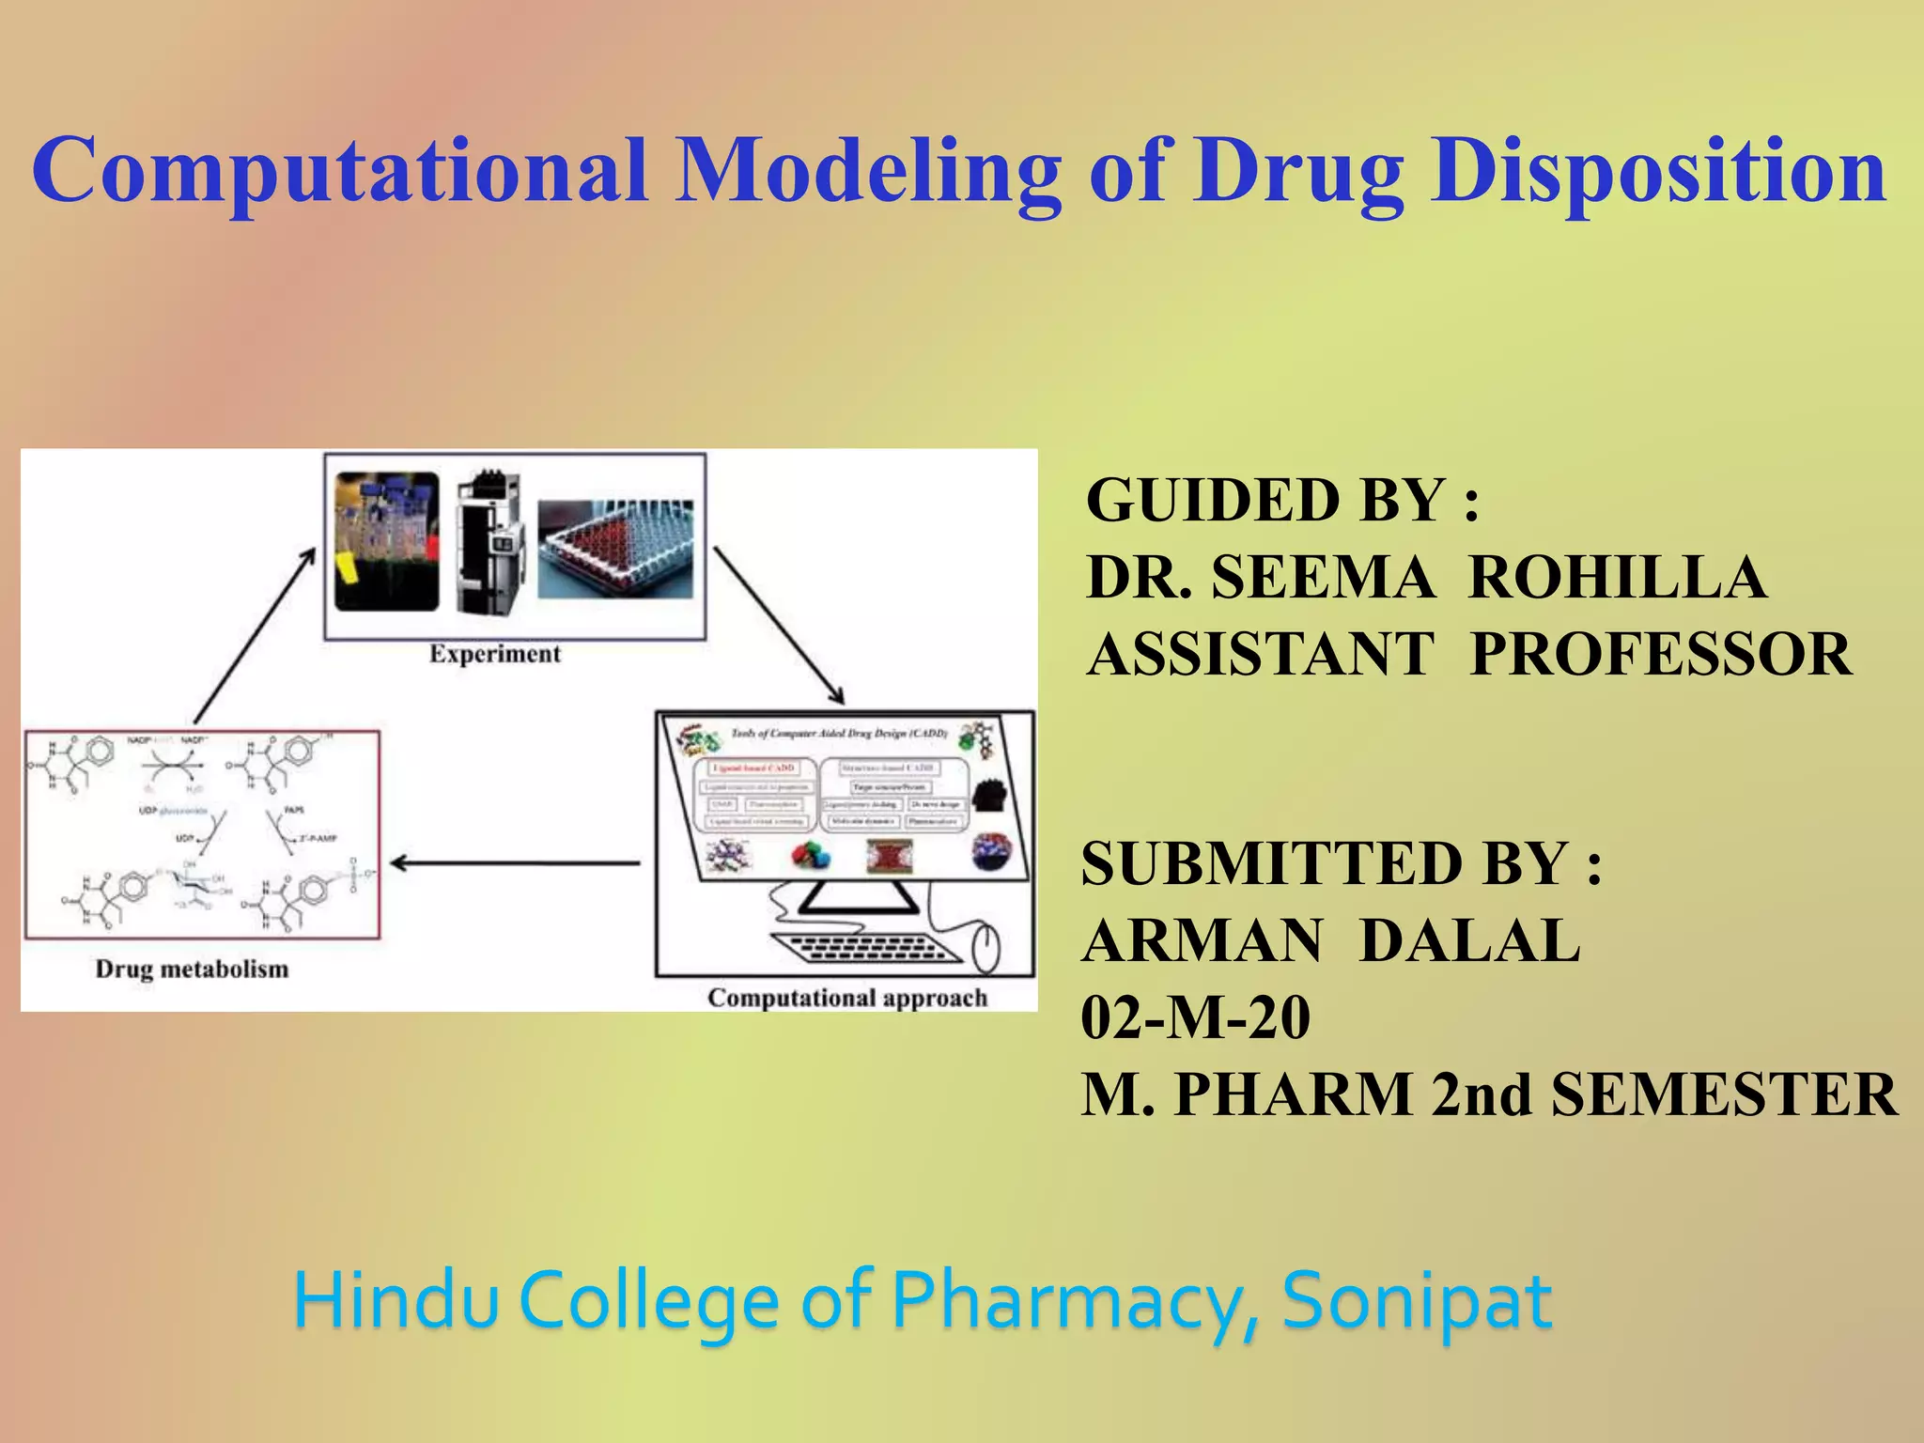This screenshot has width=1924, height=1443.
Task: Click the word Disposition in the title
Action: point(1659,171)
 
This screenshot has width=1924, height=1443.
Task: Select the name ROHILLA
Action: point(1617,577)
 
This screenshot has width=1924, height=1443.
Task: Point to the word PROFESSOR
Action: point(1661,654)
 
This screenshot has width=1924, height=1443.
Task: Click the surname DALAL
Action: point(1470,940)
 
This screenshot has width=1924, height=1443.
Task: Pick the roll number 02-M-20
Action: point(1196,1017)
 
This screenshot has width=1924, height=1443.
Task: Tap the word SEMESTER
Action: point(1725,1094)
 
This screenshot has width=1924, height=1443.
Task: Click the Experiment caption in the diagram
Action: point(495,654)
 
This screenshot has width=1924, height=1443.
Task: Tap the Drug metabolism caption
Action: point(192,969)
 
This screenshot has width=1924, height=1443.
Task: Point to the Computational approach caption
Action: point(847,998)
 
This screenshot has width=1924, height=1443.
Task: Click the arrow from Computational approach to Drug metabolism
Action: point(515,862)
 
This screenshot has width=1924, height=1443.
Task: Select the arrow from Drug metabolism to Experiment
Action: point(254,637)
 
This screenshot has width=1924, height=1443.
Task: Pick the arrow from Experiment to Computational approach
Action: point(779,625)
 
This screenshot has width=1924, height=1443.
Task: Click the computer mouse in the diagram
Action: point(985,949)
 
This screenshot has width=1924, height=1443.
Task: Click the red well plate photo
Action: point(615,549)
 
